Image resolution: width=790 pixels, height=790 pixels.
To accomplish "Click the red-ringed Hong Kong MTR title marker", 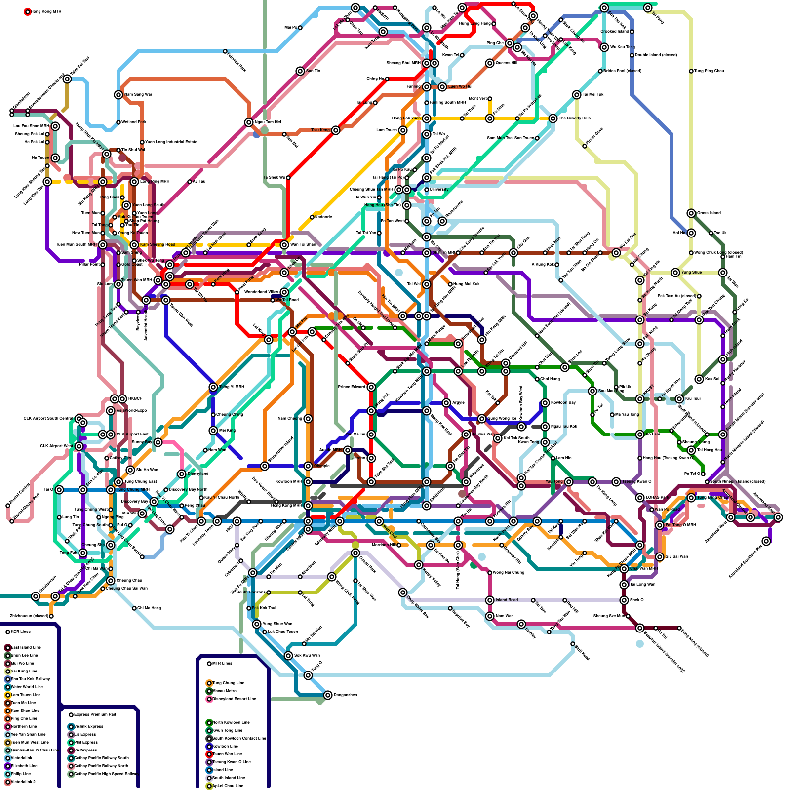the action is click(x=28, y=11).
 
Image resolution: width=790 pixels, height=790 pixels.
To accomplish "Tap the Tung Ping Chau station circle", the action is click(x=691, y=71).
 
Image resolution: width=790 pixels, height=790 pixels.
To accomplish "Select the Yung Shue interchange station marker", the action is click(x=675, y=273).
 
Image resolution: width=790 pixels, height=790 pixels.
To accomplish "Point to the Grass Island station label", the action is click(x=709, y=213).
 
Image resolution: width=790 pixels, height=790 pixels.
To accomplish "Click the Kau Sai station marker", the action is click(x=699, y=379).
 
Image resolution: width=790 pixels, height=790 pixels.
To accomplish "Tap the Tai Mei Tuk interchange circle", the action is click(x=577, y=95).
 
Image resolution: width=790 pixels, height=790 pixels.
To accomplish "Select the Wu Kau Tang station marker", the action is click(x=604, y=47).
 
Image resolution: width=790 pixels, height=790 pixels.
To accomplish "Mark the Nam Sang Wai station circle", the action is click(x=118, y=95).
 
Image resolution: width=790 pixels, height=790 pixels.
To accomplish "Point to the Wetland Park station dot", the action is click(x=118, y=122).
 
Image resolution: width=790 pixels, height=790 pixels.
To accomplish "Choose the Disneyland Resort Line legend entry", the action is click(x=232, y=699).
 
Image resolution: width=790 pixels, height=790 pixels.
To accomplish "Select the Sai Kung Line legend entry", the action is click(x=24, y=671).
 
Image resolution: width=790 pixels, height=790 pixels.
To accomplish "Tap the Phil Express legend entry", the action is click(x=85, y=742).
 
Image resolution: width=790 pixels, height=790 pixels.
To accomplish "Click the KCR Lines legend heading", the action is click(x=21, y=632).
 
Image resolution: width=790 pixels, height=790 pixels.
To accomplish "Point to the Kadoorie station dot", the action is click(x=312, y=217).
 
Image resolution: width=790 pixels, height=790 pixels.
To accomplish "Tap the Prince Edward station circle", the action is click(x=371, y=387).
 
